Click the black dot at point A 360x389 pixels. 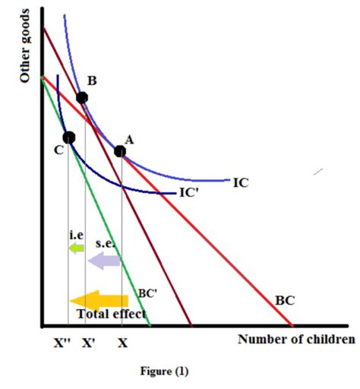pos(120,151)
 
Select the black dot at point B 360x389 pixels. pos(82,97)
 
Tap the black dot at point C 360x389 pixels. pos(69,138)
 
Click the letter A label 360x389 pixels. pos(128,139)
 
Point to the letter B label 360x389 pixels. pos(91,81)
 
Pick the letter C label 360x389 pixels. pos(58,150)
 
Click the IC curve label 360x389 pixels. pos(240,182)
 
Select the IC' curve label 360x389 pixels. pos(189,193)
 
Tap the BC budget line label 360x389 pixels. pos(284,300)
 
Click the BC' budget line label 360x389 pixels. pos(147,293)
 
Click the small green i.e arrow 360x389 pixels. pos(76,248)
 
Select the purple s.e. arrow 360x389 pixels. pos(103,261)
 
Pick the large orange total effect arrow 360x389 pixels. pos(98,299)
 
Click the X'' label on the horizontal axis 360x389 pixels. pos(63,343)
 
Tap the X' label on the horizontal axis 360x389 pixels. pos(89,343)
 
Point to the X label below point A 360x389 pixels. pos(122,343)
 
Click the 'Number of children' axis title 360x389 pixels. pos(295,339)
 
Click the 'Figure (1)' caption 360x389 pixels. pos(164,372)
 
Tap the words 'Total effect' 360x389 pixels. pos(111,314)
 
